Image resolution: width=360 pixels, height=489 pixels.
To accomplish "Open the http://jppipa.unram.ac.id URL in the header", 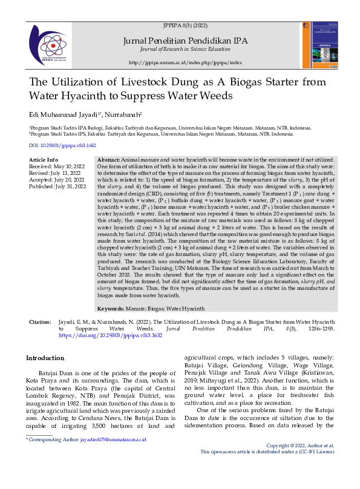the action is click(185, 62).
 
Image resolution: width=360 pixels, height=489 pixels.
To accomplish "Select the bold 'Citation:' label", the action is click(40, 321).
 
